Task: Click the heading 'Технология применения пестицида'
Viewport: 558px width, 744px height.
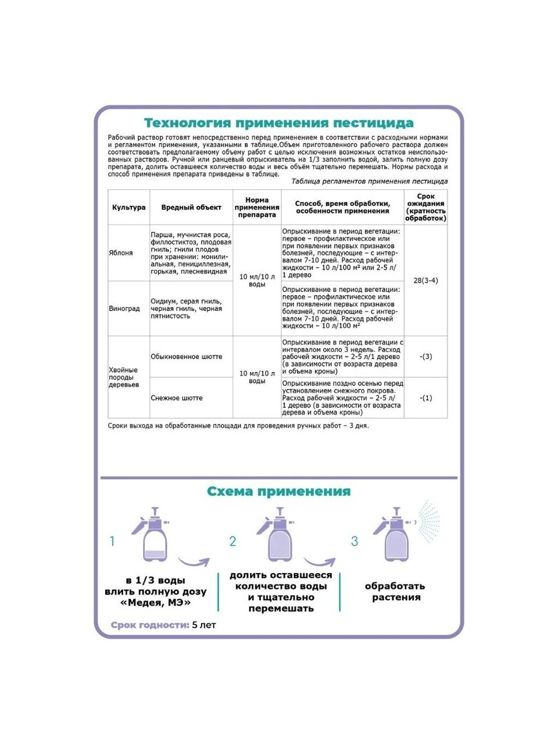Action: pos(278,123)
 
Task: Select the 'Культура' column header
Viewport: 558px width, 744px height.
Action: pos(128,208)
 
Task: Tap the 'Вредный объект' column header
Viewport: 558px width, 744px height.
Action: pos(191,208)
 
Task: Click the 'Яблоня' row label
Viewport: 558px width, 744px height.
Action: pos(121,253)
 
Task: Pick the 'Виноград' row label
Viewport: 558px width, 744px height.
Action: pos(124,309)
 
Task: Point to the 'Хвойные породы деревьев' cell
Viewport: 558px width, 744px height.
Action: pos(124,377)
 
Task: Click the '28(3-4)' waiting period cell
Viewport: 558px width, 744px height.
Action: pos(425,281)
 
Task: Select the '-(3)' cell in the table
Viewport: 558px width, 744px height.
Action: pos(425,357)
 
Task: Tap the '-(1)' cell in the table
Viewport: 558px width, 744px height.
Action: pos(425,398)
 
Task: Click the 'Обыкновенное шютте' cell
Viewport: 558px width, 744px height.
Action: pos(186,357)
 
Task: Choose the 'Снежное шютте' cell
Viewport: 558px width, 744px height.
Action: pos(177,398)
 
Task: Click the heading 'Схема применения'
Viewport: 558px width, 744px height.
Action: pos(278,492)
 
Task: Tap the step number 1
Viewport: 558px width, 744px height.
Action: pos(113,542)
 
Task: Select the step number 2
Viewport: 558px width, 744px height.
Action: pos(233,542)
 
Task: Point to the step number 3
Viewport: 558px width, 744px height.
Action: pos(355,542)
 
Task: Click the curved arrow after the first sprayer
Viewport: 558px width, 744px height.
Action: pos(193,561)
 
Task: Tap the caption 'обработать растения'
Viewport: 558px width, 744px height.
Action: pos(395,592)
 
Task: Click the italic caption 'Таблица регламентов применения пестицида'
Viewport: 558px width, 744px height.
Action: pos(369,181)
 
